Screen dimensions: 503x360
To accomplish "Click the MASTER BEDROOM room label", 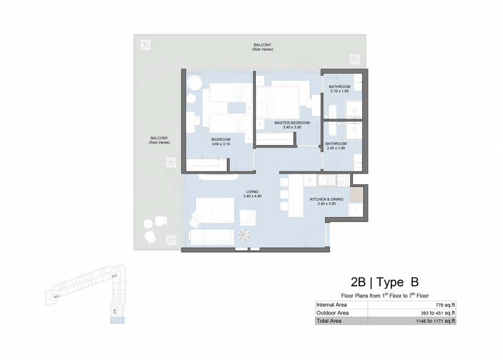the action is (292, 123).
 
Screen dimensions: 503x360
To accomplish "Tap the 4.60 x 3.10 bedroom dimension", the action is (220, 144).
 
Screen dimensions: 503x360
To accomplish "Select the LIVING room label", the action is (252, 192).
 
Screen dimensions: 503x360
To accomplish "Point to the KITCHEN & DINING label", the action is (327, 200).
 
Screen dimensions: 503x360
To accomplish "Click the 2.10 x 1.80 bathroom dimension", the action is (339, 91).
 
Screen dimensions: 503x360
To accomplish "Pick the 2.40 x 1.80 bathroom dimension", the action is (336, 148).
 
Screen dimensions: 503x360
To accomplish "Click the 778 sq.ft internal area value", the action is (445, 305).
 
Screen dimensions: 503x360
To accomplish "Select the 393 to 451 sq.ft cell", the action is (438, 313).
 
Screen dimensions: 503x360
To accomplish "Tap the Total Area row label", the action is (329, 321).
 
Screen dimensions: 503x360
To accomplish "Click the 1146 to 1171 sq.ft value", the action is (435, 321).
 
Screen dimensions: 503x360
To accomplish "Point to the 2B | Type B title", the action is (385, 282).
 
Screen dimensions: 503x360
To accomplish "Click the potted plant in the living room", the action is (244, 235).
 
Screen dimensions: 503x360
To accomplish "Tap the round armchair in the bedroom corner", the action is (194, 83).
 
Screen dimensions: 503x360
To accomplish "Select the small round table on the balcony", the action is (148, 223).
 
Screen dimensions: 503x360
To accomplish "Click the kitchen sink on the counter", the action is (327, 180).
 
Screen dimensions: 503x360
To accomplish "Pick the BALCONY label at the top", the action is (262, 45).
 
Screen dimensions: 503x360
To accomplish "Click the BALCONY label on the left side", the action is (159, 138).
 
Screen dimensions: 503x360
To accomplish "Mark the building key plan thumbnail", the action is (86, 293).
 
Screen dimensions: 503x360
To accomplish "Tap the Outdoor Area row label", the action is (333, 313).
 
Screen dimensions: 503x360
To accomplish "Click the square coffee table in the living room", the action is (248, 218).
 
